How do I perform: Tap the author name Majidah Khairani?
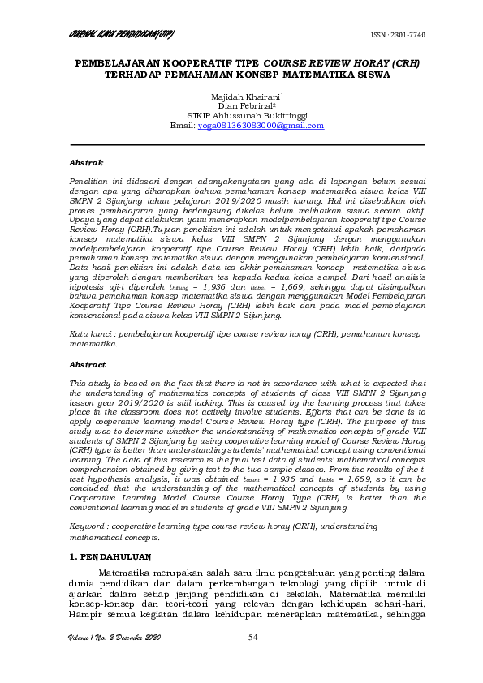[x=239, y=97]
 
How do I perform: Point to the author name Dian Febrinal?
[x=239, y=106]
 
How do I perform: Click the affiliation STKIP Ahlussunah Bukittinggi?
[x=241, y=116]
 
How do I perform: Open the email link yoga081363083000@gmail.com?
[x=261, y=126]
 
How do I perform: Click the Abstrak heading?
[x=85, y=163]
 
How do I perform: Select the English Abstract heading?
[x=88, y=365]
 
